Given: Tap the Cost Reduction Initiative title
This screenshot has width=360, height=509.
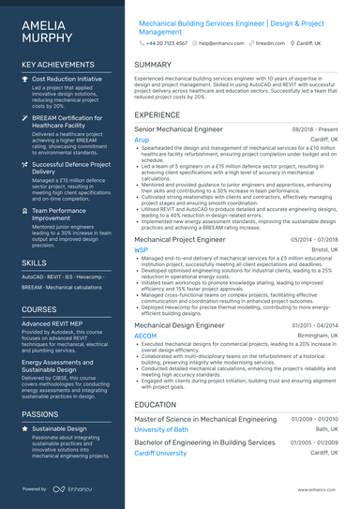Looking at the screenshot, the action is click(67, 80).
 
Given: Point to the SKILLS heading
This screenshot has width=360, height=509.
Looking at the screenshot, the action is click(35, 263).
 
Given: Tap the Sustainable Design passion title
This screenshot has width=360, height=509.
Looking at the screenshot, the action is click(59, 428).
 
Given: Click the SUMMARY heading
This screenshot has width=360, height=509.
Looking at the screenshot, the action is click(153, 65).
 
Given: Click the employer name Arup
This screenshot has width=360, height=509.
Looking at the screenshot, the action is click(142, 139).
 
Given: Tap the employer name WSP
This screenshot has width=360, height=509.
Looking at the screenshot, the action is click(142, 251).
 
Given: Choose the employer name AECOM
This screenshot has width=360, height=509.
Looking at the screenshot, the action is click(145, 335).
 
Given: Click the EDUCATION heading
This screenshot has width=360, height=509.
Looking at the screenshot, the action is click(156, 405).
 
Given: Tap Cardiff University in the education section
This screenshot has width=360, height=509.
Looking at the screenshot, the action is click(160, 453).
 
